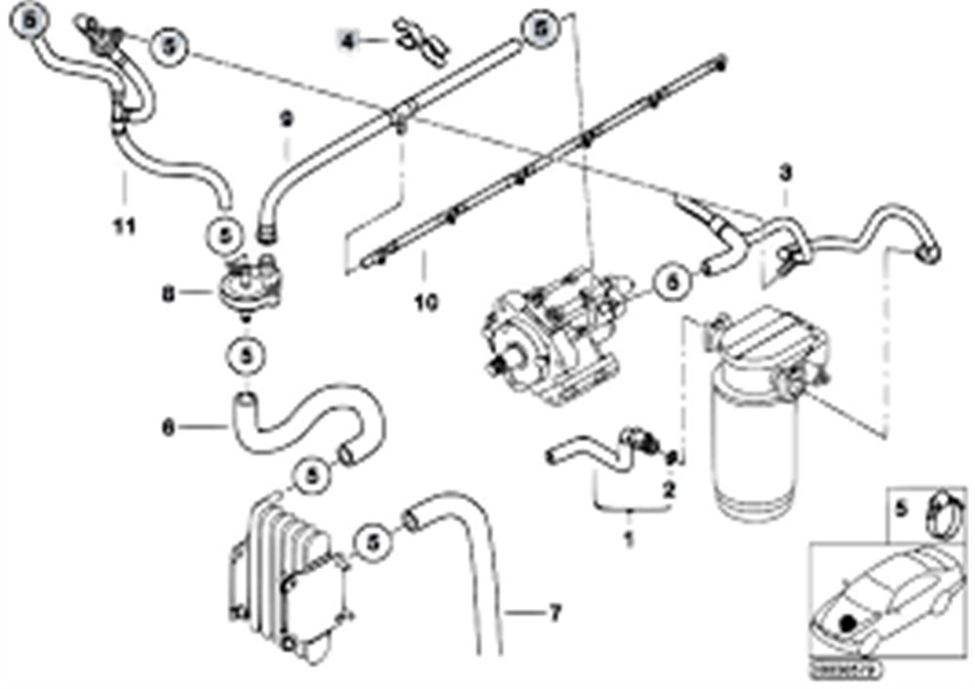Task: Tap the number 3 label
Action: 786,173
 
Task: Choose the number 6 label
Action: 168,425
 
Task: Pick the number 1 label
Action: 629,537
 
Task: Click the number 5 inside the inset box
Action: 901,507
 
